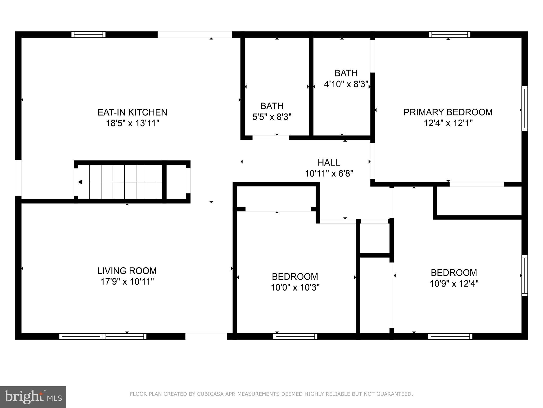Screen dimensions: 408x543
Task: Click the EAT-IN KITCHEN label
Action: [x=132, y=112]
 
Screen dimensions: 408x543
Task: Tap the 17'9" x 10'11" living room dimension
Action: [x=127, y=282]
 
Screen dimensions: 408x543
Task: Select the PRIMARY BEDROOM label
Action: [x=448, y=112]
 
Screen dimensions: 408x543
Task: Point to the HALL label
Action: [x=329, y=162]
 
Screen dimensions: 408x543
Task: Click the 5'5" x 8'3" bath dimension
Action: [x=272, y=117]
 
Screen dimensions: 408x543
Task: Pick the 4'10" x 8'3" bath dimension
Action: [x=346, y=84]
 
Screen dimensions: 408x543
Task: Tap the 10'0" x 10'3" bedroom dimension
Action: [x=295, y=287]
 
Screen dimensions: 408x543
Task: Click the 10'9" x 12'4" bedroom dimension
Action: [x=454, y=284]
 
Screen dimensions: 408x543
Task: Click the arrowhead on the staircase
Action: [x=80, y=182]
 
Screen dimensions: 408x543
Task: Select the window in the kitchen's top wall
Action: [x=88, y=35]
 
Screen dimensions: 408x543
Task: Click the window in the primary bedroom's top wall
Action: [x=449, y=35]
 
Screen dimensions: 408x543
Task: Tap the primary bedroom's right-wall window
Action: [x=524, y=108]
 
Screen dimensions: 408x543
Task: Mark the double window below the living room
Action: [x=103, y=336]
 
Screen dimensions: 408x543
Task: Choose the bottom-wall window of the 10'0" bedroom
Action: [x=295, y=336]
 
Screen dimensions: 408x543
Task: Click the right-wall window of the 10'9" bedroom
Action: [x=524, y=275]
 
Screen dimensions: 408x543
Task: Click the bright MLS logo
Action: [x=33, y=397]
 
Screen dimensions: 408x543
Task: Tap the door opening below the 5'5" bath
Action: [x=270, y=138]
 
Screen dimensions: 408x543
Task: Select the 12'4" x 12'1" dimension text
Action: [x=448, y=123]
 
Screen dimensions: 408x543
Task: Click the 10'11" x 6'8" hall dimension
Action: [x=329, y=174]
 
